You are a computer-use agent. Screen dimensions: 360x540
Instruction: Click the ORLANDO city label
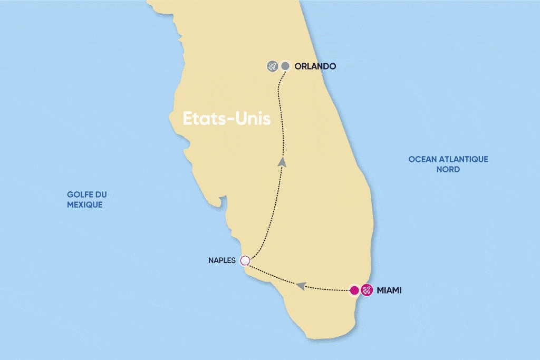[x=315, y=66]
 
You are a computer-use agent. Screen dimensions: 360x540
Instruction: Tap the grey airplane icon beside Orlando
[x=272, y=66]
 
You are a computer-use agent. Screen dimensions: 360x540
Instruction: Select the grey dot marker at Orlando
[x=285, y=66]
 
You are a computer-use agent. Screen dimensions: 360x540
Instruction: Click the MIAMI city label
[x=389, y=290]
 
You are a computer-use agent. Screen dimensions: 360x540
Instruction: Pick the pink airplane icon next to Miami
[x=367, y=290]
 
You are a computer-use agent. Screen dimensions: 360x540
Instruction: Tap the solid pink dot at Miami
[x=355, y=290]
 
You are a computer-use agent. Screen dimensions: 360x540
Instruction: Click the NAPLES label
[x=223, y=260]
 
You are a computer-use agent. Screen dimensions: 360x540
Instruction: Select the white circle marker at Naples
[x=244, y=260]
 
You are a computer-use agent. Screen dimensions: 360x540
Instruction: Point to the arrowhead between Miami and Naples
[x=301, y=286]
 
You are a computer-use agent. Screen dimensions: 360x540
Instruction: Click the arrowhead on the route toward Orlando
[x=283, y=162]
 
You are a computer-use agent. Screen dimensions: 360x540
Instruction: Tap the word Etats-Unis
[x=227, y=119]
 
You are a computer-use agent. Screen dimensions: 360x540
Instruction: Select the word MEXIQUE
[x=85, y=205]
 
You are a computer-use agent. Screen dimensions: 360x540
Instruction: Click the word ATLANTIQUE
[x=461, y=159]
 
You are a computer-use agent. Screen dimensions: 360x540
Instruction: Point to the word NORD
[x=448, y=169]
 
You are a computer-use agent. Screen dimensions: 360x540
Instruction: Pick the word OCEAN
[x=421, y=159]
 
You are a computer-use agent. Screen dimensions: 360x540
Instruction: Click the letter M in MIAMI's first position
[x=380, y=290]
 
